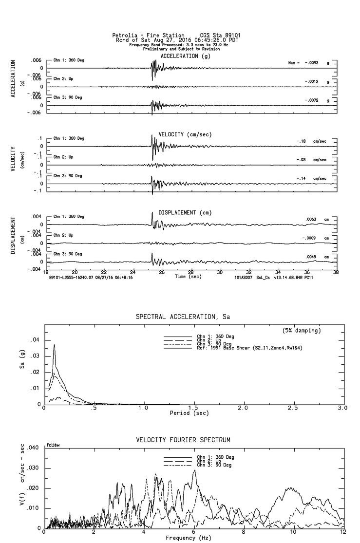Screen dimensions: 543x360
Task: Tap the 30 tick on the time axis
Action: pos(220,272)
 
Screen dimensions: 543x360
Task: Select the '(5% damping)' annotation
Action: pos(302,331)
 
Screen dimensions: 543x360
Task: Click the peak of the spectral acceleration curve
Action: pos(54,345)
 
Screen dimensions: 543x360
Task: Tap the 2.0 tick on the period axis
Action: pos(243,408)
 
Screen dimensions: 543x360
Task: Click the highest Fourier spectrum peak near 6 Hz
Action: pos(194,470)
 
